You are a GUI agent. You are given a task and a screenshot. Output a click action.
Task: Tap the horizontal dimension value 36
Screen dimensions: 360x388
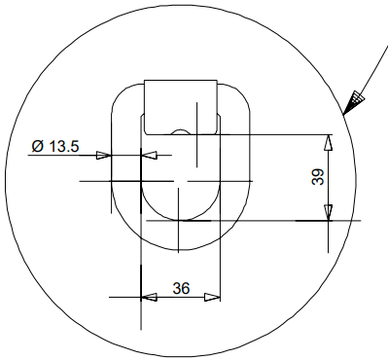click(x=181, y=288)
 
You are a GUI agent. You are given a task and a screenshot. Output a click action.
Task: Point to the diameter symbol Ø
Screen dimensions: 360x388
click(x=36, y=146)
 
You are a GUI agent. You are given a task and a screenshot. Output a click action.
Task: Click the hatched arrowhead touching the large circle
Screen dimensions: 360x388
click(x=356, y=98)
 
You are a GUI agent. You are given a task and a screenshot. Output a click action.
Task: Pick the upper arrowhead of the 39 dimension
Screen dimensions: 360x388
click(x=329, y=141)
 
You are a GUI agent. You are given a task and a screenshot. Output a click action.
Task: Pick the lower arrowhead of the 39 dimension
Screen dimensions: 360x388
click(x=329, y=212)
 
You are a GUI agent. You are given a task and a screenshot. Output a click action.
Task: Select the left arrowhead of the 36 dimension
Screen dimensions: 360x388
click(x=149, y=298)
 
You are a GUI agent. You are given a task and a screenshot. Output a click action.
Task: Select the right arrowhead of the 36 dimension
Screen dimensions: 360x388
click(x=214, y=298)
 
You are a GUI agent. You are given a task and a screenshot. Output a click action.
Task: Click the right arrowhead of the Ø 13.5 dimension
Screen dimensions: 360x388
click(x=149, y=154)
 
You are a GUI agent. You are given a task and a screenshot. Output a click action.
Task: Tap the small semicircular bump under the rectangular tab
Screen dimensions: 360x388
click(x=180, y=130)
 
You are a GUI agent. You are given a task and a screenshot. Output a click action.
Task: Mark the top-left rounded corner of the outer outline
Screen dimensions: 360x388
click(x=121, y=95)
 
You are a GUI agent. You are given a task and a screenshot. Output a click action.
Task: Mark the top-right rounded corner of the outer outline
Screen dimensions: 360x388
click(x=239, y=95)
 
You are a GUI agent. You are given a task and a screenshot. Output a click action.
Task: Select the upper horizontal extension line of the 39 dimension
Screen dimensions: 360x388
click(x=282, y=133)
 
